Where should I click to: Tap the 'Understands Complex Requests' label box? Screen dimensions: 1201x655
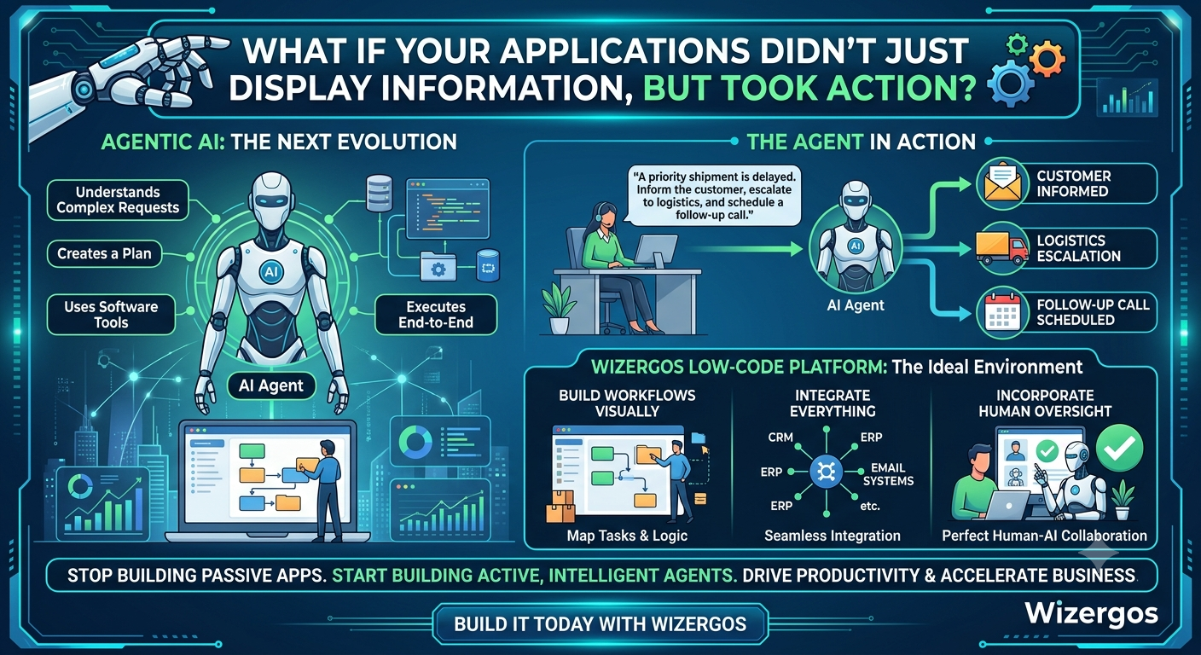[118, 200]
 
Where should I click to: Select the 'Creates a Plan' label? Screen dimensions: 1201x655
[104, 253]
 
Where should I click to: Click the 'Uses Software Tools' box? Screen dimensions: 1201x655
[111, 315]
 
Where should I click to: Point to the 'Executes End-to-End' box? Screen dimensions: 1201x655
[435, 315]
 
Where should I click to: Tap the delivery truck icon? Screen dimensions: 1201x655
[1001, 247]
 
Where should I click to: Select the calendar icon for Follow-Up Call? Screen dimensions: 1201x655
[1002, 312]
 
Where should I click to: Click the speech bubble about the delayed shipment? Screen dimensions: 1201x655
[714, 195]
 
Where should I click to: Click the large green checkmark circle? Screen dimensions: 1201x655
[1119, 448]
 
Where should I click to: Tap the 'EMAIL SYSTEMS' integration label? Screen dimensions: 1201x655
[888, 474]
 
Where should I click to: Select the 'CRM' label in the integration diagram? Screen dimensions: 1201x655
[780, 438]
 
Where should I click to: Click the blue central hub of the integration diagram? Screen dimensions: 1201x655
[827, 472]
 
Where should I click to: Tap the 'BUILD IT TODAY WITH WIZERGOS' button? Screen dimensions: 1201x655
[600, 624]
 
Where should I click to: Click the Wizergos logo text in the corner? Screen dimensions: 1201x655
[1091, 613]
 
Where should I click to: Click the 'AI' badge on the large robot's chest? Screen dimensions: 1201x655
[271, 272]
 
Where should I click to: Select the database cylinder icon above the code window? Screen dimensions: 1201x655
[379, 193]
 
